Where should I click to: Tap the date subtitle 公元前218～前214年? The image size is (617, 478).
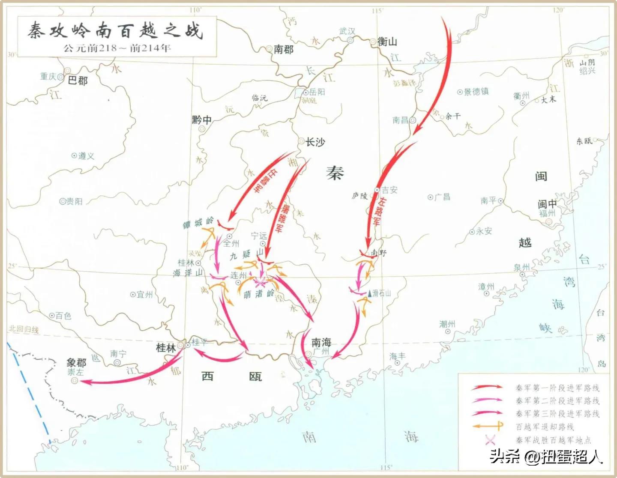click(x=117, y=48)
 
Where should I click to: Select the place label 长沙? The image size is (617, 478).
click(x=315, y=142)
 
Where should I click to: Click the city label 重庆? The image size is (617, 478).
click(x=48, y=77)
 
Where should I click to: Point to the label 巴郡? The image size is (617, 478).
click(x=78, y=81)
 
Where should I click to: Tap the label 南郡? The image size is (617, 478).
click(x=283, y=50)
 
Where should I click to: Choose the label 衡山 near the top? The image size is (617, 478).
click(x=387, y=42)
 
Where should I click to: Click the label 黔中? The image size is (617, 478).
click(x=201, y=120)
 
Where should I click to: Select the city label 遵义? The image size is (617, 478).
click(x=86, y=156)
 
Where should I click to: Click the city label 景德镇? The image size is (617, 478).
click(x=476, y=92)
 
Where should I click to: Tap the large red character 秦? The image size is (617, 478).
click(x=335, y=173)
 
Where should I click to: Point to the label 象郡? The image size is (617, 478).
click(x=77, y=363)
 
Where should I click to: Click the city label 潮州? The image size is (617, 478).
click(x=447, y=324)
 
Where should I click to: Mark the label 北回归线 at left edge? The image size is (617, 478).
click(x=24, y=329)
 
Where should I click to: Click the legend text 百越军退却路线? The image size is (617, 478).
click(x=545, y=427)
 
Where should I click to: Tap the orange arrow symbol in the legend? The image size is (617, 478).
click(x=488, y=427)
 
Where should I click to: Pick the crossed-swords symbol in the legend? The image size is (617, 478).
click(x=490, y=440)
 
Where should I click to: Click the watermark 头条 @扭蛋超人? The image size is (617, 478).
click(x=546, y=457)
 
